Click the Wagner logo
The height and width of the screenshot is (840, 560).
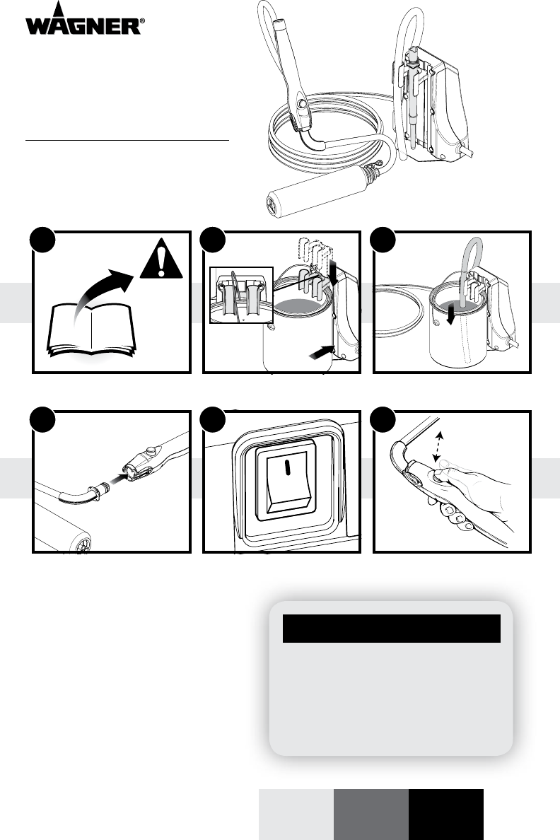click(85, 19)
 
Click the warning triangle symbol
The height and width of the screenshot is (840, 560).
click(161, 259)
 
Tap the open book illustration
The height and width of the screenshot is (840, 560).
click(92, 330)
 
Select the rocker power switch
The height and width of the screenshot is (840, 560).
click(287, 481)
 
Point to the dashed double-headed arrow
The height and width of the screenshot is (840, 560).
click(438, 447)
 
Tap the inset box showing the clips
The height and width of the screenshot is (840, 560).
click(241, 295)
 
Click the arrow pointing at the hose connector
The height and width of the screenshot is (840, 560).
click(121, 475)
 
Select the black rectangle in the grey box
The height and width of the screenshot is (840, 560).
click(392, 629)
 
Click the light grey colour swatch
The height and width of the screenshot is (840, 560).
click(296, 815)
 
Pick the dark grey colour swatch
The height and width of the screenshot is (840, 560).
click(371, 815)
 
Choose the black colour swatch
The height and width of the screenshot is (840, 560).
click(446, 815)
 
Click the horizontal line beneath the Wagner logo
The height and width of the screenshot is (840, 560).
click(127, 141)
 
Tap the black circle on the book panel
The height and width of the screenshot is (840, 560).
click(42, 240)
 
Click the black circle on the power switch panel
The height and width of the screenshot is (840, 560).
click(213, 419)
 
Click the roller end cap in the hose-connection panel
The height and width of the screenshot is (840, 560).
click(83, 545)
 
